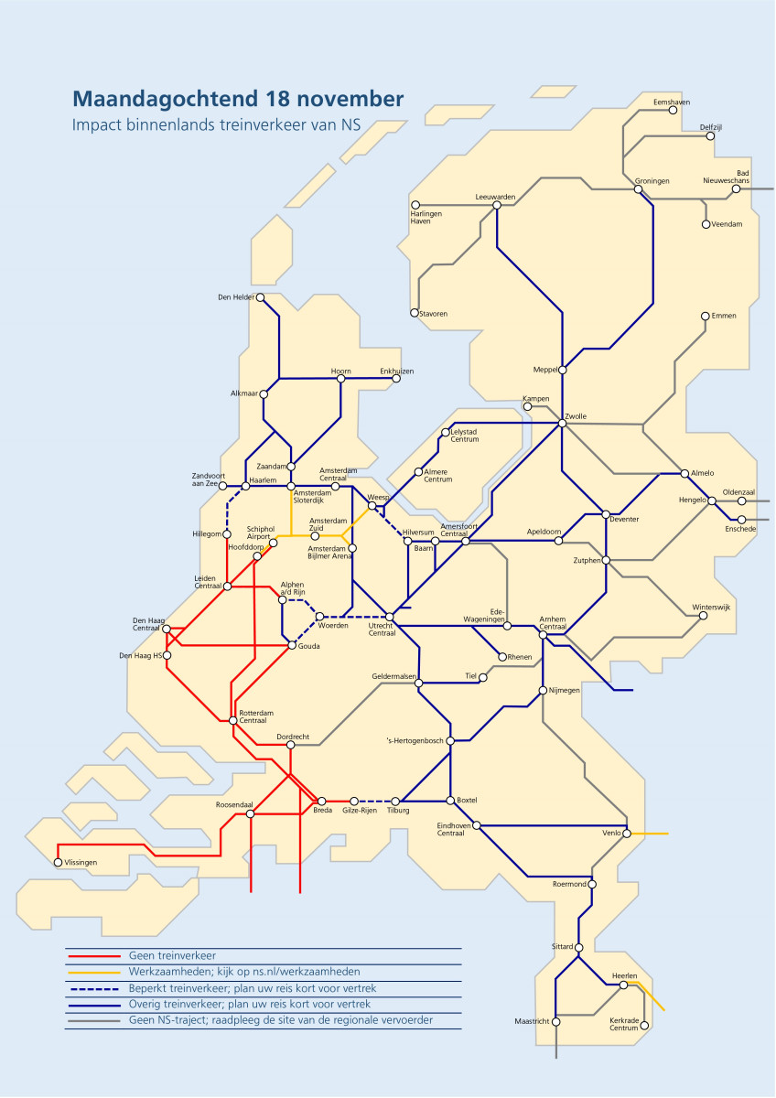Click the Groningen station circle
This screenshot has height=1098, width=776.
point(640,190)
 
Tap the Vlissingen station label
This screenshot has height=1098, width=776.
point(81,863)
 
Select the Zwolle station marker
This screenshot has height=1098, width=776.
point(563,423)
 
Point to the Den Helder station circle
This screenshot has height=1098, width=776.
point(260,297)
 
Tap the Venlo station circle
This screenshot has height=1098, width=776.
point(628,834)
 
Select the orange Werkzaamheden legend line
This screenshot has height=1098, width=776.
point(95,972)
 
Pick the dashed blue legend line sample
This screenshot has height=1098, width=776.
point(95,988)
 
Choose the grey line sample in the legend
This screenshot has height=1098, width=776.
point(95,1020)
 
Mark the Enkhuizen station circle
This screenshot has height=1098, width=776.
point(396,379)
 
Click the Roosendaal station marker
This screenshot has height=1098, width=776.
point(249,813)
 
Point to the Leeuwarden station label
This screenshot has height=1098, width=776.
point(496,197)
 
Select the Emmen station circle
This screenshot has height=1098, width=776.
point(706,317)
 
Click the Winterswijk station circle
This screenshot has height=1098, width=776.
point(703,616)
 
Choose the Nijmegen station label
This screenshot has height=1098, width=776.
point(564,690)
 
